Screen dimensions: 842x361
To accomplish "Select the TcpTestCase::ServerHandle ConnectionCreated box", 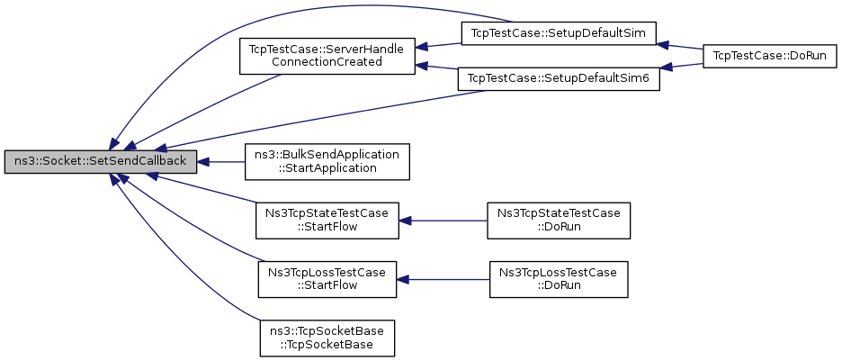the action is pos(327,56).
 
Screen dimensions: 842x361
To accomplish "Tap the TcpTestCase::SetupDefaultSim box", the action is pos(560,33).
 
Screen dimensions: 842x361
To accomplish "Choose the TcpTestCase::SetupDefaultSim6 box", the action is pos(558,79).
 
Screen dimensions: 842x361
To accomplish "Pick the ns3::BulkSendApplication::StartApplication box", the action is pos(327,162).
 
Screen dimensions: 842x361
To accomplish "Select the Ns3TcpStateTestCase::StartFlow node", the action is pos(327,221).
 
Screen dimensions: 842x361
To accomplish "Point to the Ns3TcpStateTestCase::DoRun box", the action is pos(559,221).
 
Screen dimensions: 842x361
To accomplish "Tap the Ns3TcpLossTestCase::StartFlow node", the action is pos(327,279).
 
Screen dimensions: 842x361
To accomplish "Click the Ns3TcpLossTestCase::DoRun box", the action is pos(559,279).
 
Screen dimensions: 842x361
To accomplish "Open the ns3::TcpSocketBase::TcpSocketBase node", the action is pos(327,338).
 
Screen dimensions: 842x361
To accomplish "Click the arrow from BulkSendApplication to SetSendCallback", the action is pos(220,162).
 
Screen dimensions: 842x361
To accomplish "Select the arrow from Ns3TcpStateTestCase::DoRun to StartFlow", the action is pos(443,221).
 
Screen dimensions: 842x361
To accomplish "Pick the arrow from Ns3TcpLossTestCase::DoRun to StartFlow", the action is pos(443,279).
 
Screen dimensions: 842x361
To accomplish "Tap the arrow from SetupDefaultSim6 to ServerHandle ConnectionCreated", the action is pos(436,68).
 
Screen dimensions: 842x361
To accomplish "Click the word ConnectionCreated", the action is pos(327,62).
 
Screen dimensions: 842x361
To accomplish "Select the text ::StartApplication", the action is pos(327,167).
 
